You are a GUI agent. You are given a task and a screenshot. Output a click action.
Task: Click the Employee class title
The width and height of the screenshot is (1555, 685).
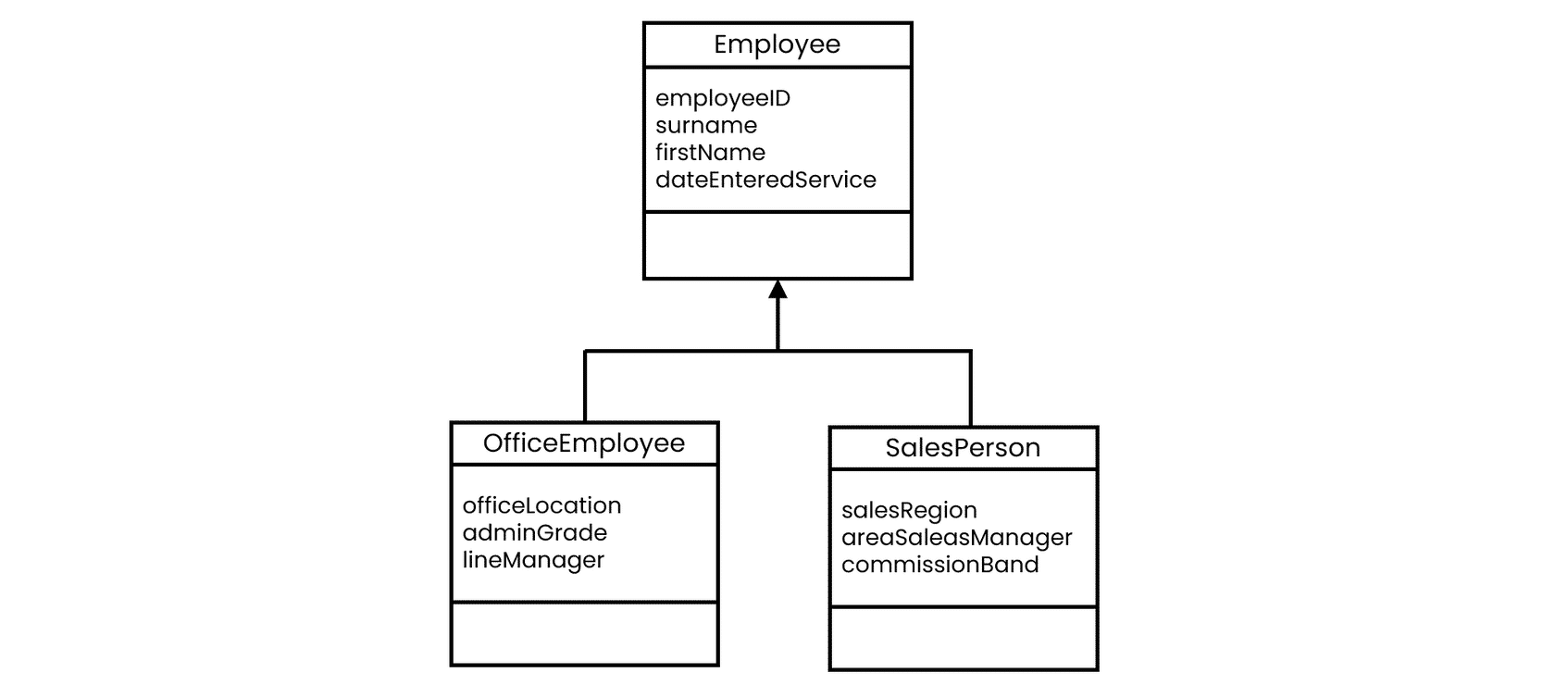coord(777,45)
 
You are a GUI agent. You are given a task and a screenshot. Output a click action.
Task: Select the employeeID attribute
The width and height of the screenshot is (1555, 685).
coord(723,98)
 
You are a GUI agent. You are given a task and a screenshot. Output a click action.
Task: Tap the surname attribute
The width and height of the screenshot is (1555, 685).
coord(706,126)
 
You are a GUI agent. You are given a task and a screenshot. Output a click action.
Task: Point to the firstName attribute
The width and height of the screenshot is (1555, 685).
coord(710,153)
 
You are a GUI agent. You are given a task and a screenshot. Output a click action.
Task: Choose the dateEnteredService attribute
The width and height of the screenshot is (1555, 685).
coord(765,180)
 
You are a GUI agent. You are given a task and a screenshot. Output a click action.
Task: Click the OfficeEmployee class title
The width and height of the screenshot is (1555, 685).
coord(584,443)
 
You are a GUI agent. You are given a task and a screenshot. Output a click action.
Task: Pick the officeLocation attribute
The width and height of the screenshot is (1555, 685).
coord(541,505)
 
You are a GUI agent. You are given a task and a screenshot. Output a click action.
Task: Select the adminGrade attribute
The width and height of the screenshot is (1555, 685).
coord(535,532)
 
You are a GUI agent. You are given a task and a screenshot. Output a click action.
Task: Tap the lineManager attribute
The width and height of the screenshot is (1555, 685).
coord(533,560)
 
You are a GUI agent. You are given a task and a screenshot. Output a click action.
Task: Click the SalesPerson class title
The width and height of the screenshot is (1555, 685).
coord(963,448)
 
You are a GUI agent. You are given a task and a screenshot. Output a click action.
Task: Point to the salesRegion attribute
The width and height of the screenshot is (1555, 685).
coord(909,511)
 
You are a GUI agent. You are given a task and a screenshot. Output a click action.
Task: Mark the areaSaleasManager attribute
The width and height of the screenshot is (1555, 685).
coord(957,538)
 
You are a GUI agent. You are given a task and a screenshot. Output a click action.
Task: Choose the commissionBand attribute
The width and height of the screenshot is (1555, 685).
coord(940,565)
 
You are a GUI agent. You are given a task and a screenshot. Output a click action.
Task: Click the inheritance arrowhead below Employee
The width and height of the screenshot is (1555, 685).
coord(777,290)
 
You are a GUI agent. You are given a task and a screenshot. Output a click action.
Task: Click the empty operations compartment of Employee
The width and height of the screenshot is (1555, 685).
coord(777,245)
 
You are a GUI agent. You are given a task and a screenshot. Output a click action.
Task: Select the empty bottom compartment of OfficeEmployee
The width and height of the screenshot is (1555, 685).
coord(585,633)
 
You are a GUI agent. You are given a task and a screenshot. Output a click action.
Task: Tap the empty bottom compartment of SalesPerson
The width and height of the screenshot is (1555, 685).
coord(964,638)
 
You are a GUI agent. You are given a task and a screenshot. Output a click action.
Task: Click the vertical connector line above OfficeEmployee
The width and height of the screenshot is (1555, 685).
coord(585,386)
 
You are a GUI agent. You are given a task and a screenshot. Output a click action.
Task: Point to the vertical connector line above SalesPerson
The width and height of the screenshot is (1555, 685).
coord(970,389)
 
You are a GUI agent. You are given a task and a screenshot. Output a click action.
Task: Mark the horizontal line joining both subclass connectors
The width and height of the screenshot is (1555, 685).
coord(777,351)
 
